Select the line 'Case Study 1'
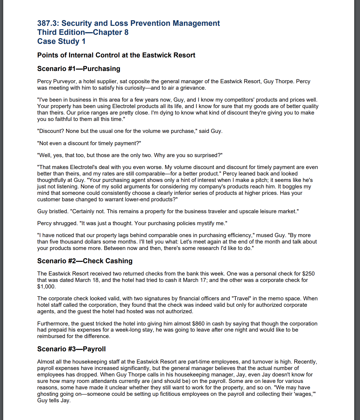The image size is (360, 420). pyautogui.click(x=61, y=41)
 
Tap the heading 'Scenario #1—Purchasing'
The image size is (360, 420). pyautogui.click(x=79, y=69)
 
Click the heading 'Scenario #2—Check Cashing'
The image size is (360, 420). pyautogui.click(x=85, y=261)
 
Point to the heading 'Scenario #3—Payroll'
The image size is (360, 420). pyautogui.click(x=71, y=349)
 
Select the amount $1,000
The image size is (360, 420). pyautogui.click(x=46, y=286)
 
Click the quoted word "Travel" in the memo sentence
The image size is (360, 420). pyautogui.click(x=240, y=298)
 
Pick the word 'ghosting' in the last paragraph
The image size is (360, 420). pyautogui.click(x=47, y=394)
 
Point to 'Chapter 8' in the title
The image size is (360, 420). pyautogui.click(x=111, y=32)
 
